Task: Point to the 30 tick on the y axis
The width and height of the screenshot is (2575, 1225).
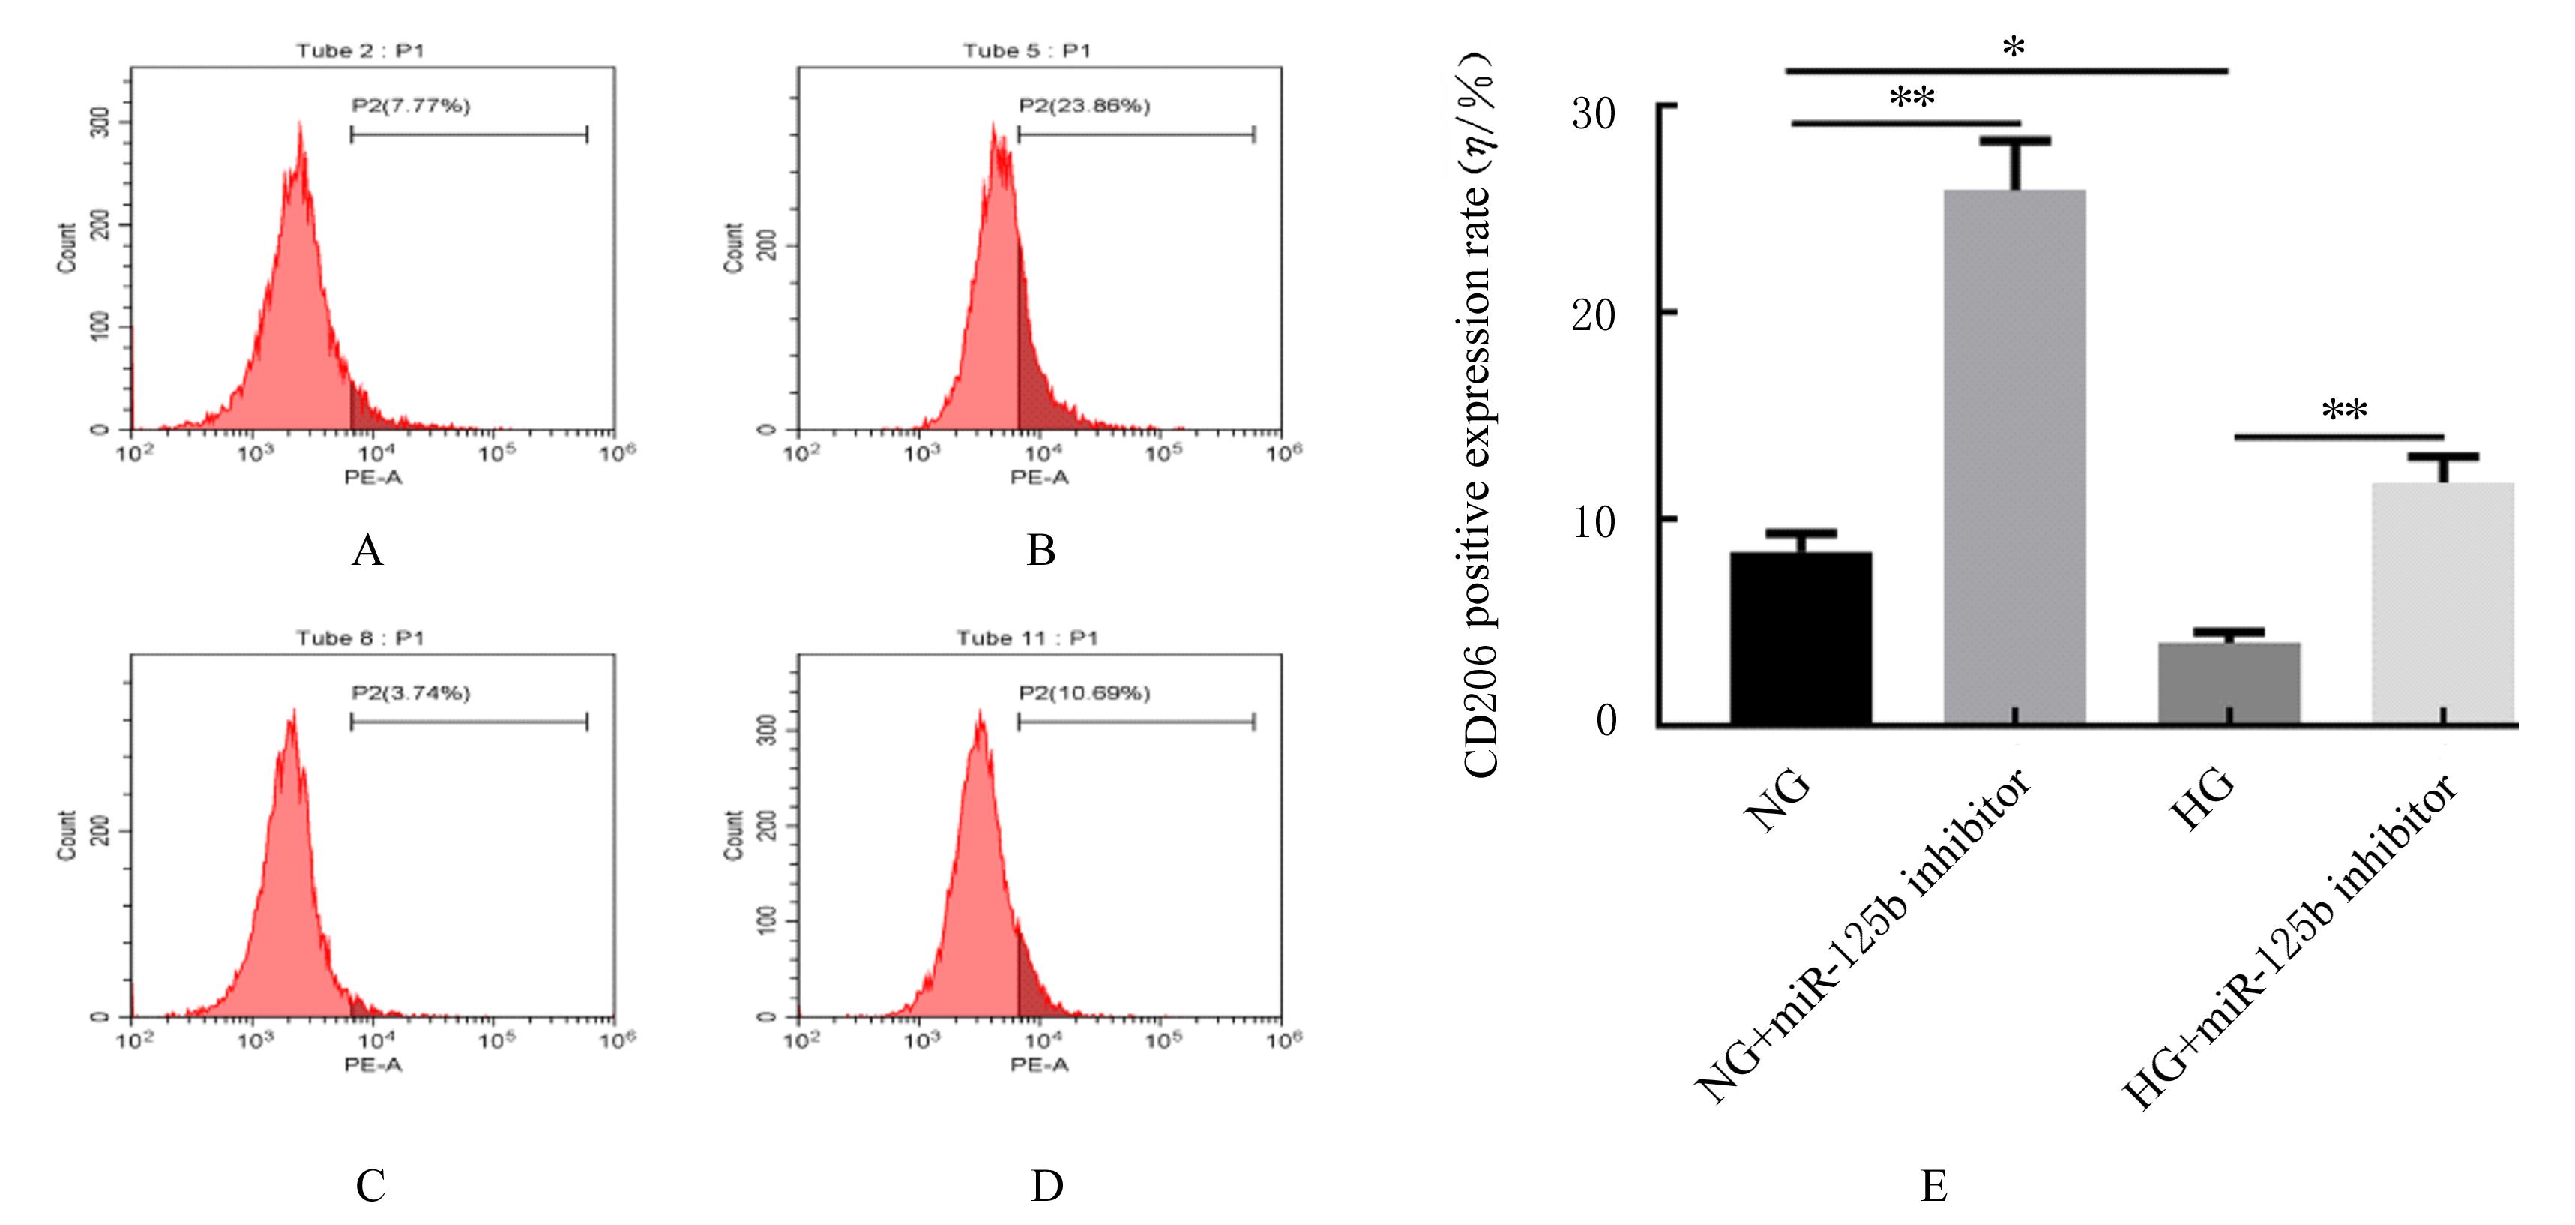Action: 1594,113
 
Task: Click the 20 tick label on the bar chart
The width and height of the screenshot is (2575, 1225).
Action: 1594,316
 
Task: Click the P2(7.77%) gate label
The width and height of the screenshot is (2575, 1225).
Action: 410,105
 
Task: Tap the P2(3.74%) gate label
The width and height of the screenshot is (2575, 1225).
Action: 410,692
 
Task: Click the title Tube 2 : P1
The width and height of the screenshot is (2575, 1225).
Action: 360,50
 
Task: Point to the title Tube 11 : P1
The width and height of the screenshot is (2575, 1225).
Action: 1026,638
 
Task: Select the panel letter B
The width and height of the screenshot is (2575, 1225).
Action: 1040,550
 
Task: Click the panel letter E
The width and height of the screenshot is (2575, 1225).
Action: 1933,1186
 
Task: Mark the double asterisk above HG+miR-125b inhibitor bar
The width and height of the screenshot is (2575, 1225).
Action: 2343,411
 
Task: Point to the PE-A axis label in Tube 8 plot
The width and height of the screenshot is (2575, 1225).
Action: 373,1065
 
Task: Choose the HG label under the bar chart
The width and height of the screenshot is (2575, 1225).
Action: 2203,800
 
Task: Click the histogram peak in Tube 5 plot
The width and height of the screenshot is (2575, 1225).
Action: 993,130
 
